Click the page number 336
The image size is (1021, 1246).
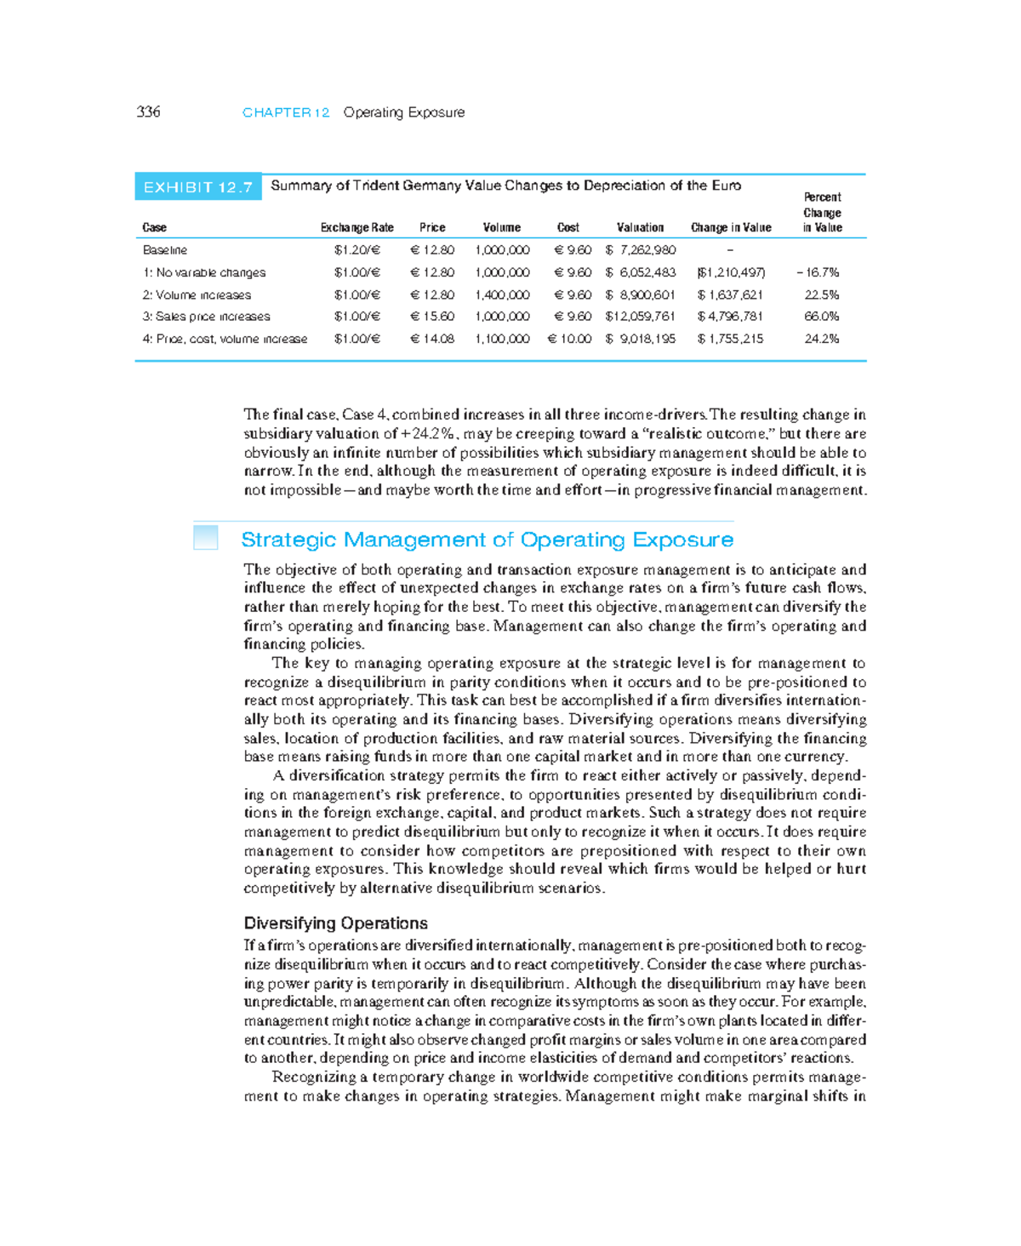click(x=148, y=111)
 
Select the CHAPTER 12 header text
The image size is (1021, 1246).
click(x=286, y=112)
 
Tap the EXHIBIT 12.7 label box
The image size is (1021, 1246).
click(x=197, y=187)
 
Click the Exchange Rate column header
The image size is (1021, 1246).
click(x=356, y=227)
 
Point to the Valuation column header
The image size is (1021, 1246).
click(x=640, y=227)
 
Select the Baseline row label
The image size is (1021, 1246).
click(x=165, y=250)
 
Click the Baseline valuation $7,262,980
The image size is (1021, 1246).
click(x=641, y=250)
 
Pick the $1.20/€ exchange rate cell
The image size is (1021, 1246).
click(x=356, y=250)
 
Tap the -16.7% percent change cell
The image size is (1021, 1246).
click(x=818, y=272)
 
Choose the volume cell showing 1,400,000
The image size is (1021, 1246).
click(x=502, y=294)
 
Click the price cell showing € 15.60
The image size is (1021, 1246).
click(x=432, y=316)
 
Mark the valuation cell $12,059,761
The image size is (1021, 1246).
click(x=640, y=316)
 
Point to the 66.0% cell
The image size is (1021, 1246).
click(x=822, y=316)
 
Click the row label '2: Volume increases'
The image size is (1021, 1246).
click(x=197, y=294)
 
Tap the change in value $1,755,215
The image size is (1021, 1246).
click(x=730, y=339)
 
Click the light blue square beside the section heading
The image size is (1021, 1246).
click(x=206, y=538)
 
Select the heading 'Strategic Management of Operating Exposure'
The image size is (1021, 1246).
click(x=487, y=540)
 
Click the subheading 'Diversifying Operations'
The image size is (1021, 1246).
click(x=335, y=923)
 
